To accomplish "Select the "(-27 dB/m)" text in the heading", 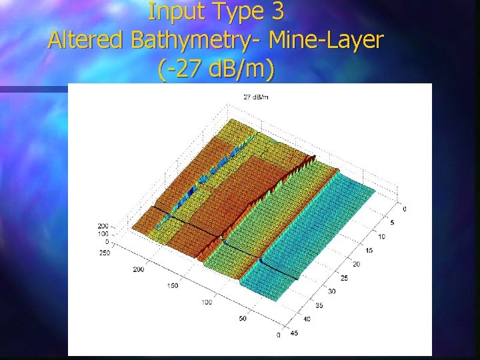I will [216, 69].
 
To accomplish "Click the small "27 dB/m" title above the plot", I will [256, 97].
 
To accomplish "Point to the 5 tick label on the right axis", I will [391, 223].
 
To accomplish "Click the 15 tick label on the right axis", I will [369, 250].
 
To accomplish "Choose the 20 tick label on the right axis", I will [357, 264].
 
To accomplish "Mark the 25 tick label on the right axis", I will [344, 277].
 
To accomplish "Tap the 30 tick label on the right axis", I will [332, 291].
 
